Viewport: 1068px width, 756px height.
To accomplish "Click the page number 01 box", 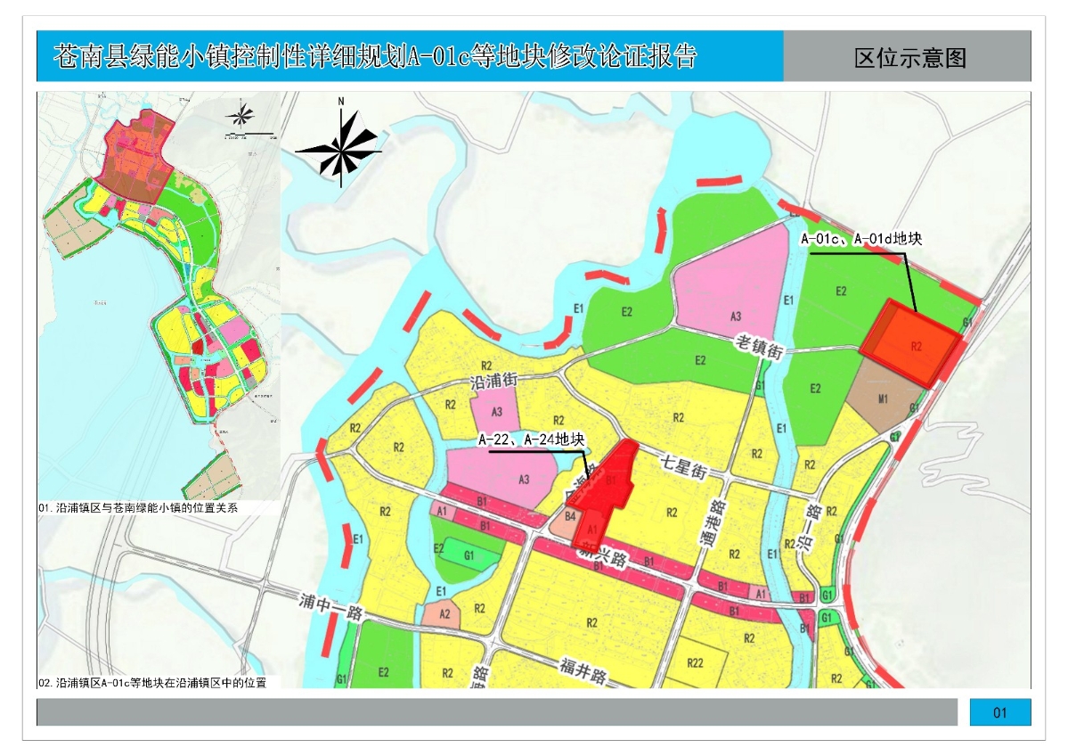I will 999,712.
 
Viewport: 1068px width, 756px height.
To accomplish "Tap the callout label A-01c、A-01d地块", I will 860,239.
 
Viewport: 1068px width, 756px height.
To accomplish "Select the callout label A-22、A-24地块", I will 531,440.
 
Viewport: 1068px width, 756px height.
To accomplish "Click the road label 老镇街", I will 759,347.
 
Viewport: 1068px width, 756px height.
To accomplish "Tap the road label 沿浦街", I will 493,381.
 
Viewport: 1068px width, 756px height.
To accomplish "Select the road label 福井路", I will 584,669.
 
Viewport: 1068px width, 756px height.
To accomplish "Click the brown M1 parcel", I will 881,399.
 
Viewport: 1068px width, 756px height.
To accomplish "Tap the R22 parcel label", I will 696,661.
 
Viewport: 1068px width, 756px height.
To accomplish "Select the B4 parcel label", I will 571,515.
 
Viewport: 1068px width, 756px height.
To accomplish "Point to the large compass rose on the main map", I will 341,147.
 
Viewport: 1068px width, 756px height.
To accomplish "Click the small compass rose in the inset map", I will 241,114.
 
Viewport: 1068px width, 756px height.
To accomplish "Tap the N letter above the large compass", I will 340,102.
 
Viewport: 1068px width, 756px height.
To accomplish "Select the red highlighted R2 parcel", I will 912,343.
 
